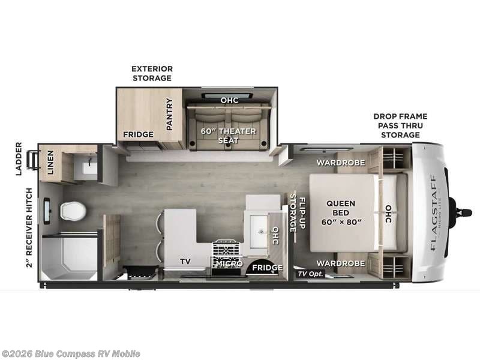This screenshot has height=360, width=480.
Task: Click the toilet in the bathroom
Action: click(73, 211)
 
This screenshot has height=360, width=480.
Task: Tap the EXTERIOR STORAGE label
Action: click(152, 73)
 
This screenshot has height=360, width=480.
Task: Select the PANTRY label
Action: click(169, 114)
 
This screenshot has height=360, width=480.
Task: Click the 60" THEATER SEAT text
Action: click(229, 136)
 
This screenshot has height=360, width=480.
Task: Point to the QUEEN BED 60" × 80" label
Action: click(341, 212)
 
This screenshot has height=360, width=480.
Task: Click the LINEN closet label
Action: click(50, 162)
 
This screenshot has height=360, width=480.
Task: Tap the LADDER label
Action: click(19, 158)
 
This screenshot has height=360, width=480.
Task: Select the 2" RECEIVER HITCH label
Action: click(29, 228)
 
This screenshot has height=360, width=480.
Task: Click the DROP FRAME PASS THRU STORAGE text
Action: click(400, 125)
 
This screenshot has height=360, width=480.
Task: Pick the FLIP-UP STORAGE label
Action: click(298, 213)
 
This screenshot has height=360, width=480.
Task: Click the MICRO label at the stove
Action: click(230, 263)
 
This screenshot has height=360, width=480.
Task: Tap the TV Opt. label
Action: click(311, 274)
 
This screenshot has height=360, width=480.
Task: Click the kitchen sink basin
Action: click(259, 232)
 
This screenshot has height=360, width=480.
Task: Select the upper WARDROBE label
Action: click(341, 163)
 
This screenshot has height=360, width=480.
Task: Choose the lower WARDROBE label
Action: click(341, 263)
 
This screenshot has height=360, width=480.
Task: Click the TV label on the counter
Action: click(185, 261)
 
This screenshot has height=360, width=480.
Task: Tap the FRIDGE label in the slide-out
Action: click(139, 134)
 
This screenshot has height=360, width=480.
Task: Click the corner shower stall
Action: click(70, 258)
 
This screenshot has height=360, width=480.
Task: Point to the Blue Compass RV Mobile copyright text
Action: click(70, 354)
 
